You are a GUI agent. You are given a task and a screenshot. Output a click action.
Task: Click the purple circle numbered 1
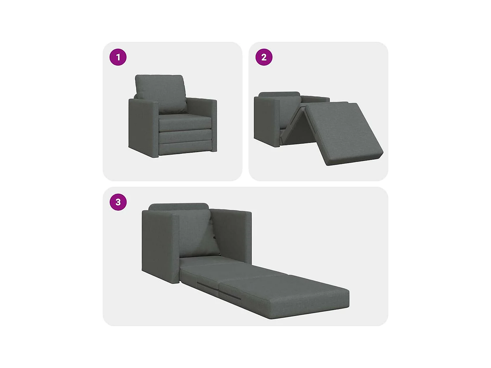pos(118,57)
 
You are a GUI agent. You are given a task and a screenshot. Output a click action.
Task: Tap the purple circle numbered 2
pos(264,57)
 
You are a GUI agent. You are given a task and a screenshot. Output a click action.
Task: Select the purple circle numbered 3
pos(118,202)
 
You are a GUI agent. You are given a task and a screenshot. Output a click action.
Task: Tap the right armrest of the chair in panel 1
pos(213,124)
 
